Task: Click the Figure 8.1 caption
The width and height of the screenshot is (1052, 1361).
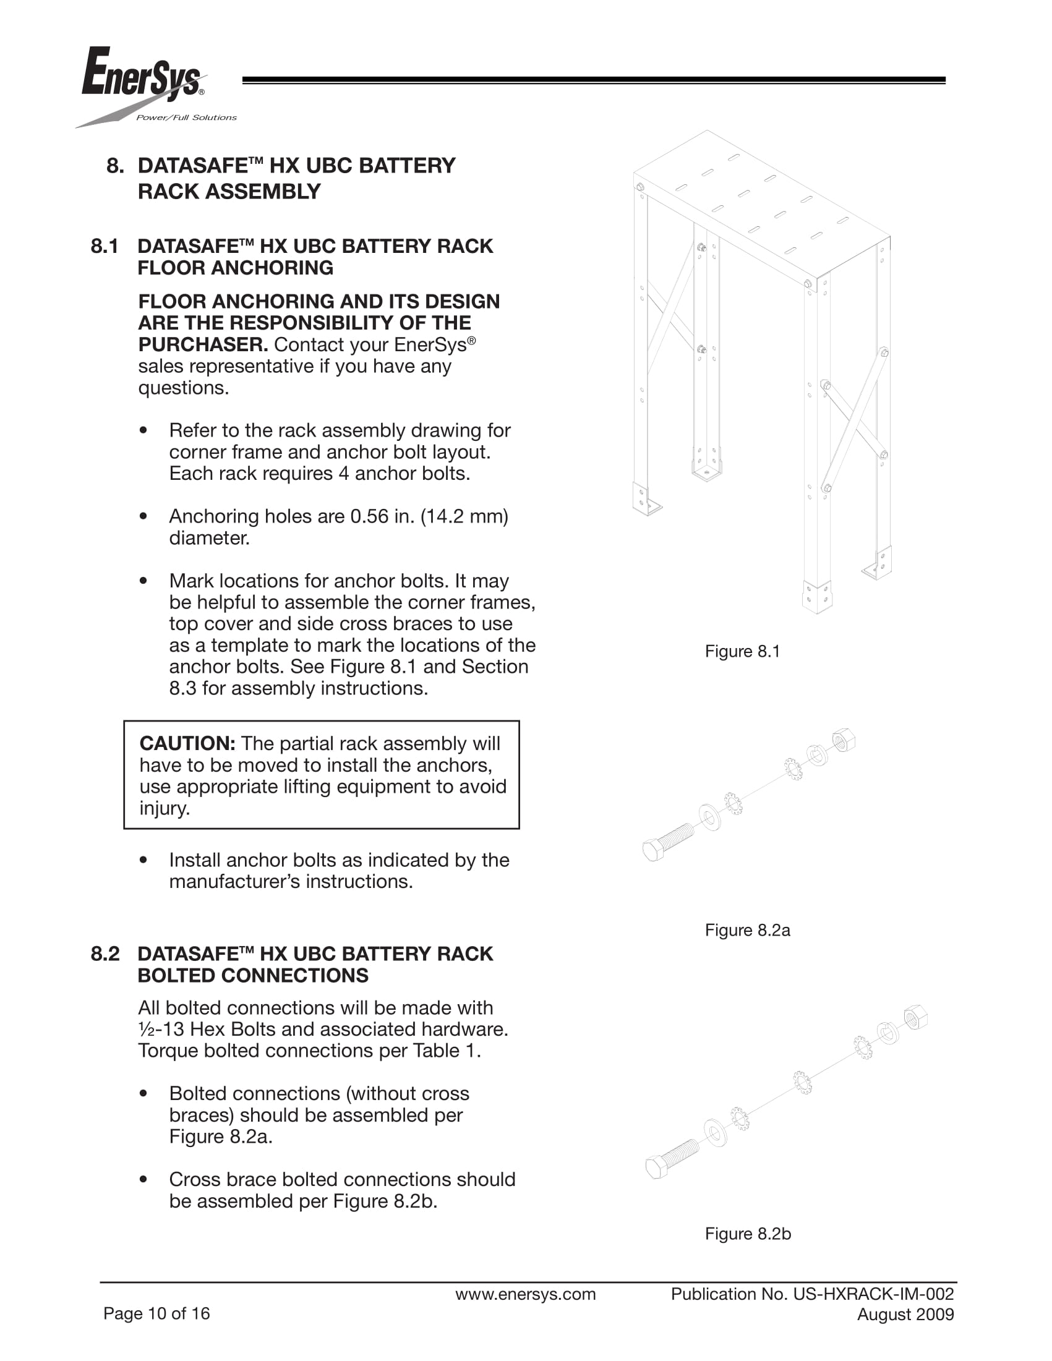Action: point(742,651)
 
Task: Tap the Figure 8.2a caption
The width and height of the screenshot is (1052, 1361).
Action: point(747,930)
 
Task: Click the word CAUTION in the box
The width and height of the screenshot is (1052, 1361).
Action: point(187,743)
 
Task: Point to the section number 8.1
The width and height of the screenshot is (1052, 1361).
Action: point(105,246)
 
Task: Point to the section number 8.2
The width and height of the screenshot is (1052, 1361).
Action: point(105,954)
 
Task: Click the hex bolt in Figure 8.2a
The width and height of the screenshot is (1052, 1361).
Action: point(667,842)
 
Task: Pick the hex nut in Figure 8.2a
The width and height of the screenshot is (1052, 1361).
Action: point(843,740)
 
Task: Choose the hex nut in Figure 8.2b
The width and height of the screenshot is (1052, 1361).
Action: point(915,1018)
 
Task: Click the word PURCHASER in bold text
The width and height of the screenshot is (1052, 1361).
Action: point(203,344)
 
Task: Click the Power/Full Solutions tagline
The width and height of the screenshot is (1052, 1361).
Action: point(186,117)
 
